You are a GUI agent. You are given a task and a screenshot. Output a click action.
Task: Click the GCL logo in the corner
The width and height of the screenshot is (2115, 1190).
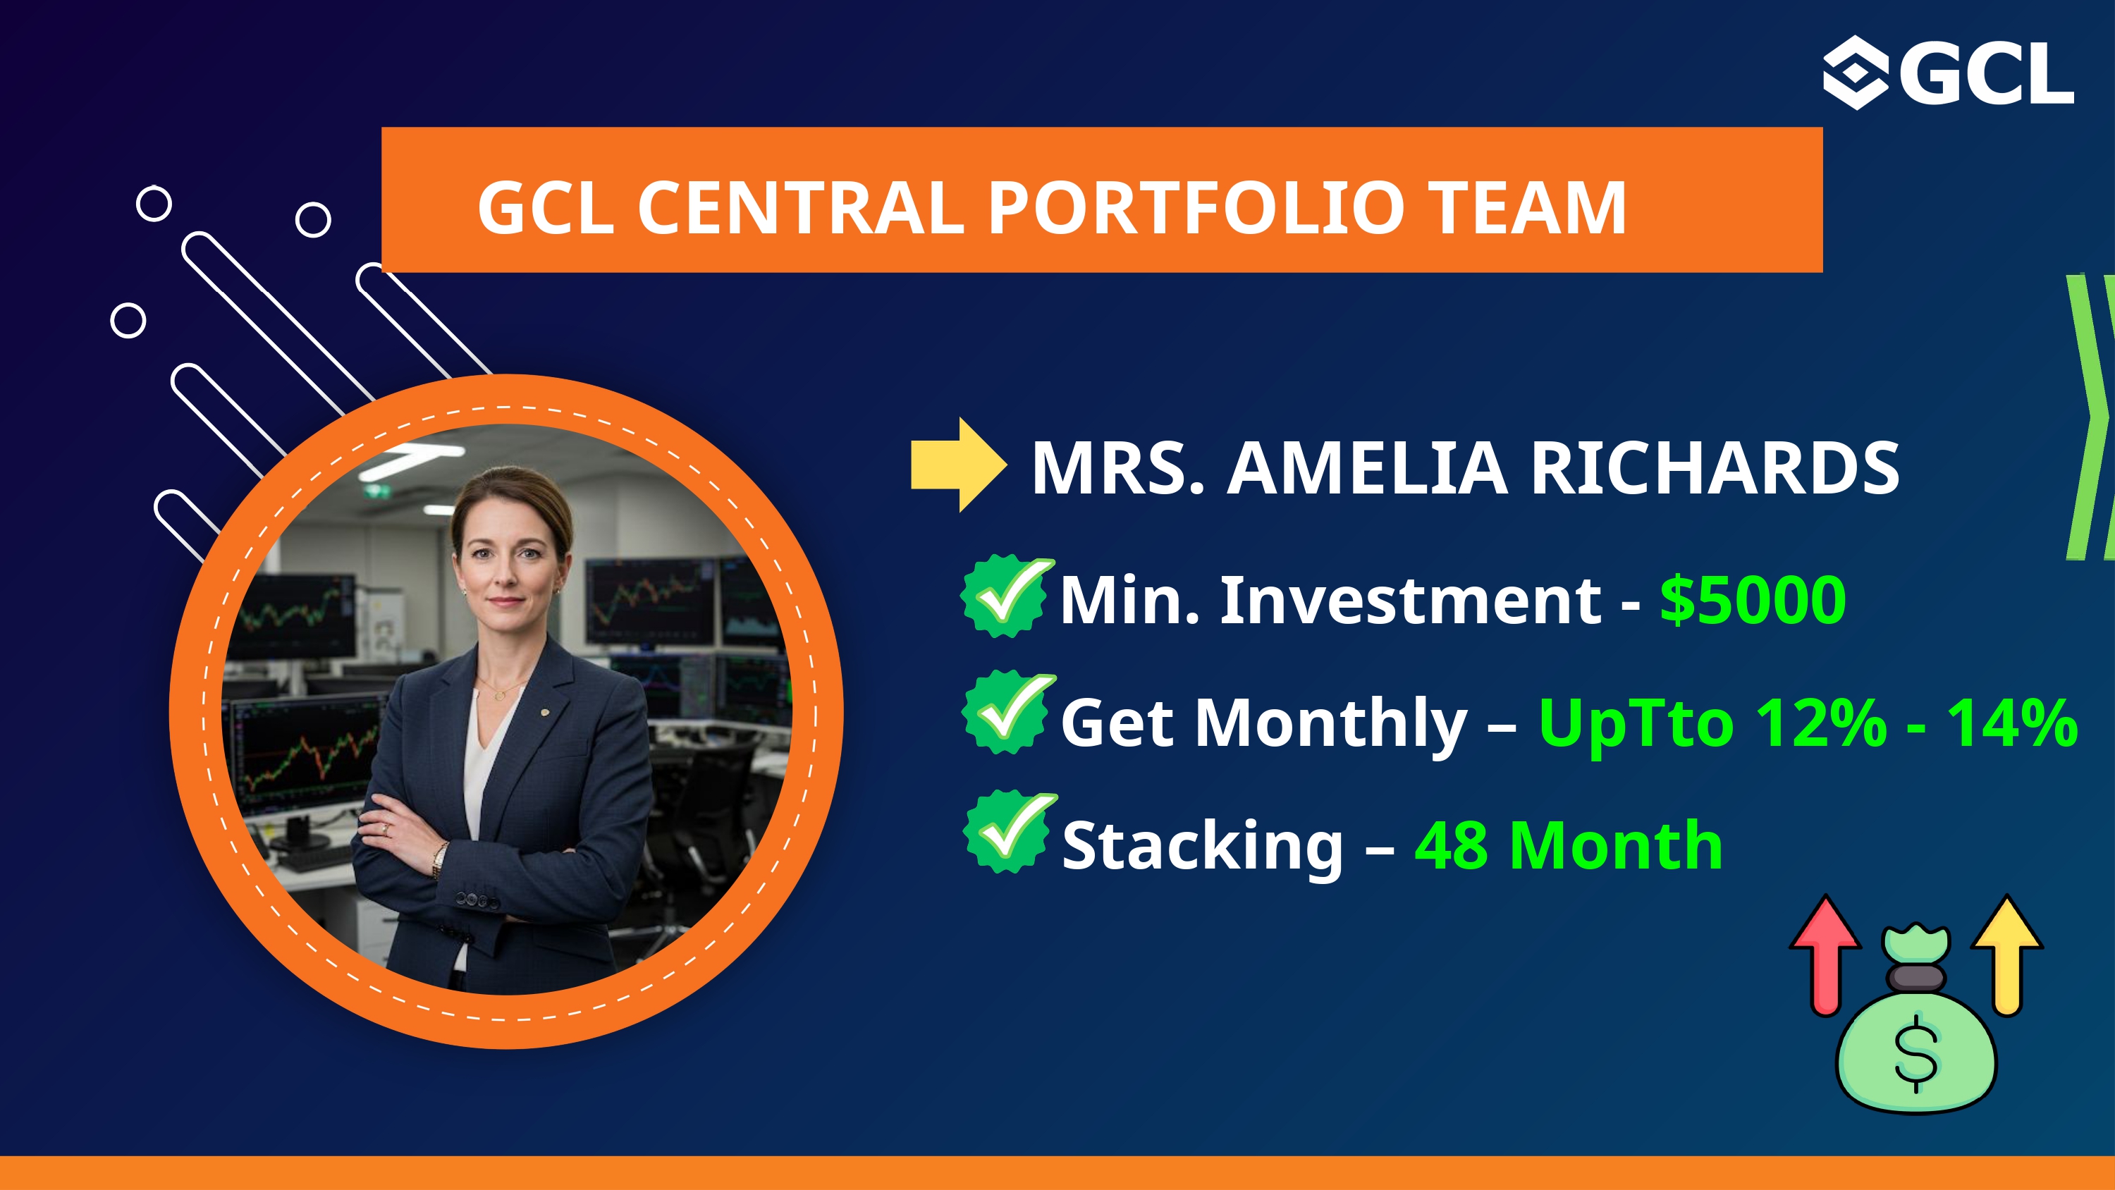(1947, 73)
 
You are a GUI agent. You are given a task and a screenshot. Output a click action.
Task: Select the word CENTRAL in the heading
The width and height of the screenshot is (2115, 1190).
(800, 208)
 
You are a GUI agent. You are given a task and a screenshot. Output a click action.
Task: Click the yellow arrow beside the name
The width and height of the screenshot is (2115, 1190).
(958, 465)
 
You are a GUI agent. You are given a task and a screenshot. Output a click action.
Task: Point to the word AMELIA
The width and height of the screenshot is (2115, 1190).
(1367, 468)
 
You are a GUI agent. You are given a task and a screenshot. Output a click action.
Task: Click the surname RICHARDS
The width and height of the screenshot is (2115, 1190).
(1715, 468)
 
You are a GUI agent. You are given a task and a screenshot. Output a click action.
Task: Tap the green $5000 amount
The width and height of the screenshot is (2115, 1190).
(1753, 601)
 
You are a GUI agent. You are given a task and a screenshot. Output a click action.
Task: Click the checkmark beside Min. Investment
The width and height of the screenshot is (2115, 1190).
(1007, 596)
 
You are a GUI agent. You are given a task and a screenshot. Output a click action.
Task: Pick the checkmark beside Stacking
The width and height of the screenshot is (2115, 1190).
(1010, 832)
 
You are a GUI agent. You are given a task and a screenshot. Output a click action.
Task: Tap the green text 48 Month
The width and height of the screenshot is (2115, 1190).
(1568, 846)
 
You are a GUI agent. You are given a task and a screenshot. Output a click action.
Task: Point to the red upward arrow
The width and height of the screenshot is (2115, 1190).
(1825, 955)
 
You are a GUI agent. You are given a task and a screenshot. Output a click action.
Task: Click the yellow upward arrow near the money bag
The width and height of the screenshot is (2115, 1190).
(2007, 955)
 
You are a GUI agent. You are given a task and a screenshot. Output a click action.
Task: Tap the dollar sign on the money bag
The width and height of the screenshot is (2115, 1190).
(1916, 1054)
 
